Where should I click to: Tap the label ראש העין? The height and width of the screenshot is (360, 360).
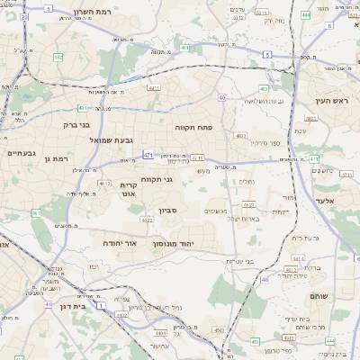[x=332, y=102]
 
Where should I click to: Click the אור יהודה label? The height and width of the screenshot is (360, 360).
[x=117, y=243]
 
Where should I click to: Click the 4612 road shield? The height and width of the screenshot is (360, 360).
[x=104, y=183]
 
